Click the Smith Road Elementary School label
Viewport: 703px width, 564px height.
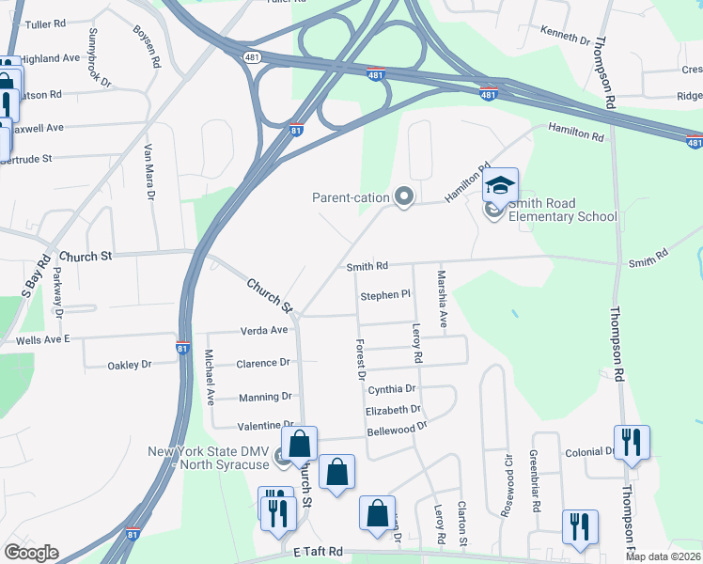point(562,211)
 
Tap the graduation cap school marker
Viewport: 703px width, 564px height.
point(501,184)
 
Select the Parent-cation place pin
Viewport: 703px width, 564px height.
point(405,197)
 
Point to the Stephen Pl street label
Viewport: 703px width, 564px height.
point(385,295)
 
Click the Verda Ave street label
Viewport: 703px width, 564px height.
point(264,330)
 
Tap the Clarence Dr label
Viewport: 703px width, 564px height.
point(262,363)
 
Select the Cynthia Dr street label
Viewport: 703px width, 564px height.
point(391,388)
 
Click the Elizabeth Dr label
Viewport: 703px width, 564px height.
point(393,410)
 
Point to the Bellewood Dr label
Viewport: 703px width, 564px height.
point(397,428)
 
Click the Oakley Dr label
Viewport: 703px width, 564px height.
point(130,365)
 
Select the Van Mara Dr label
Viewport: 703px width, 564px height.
point(148,173)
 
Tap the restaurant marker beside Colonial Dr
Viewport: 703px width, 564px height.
point(632,443)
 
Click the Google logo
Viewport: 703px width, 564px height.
point(31,553)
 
